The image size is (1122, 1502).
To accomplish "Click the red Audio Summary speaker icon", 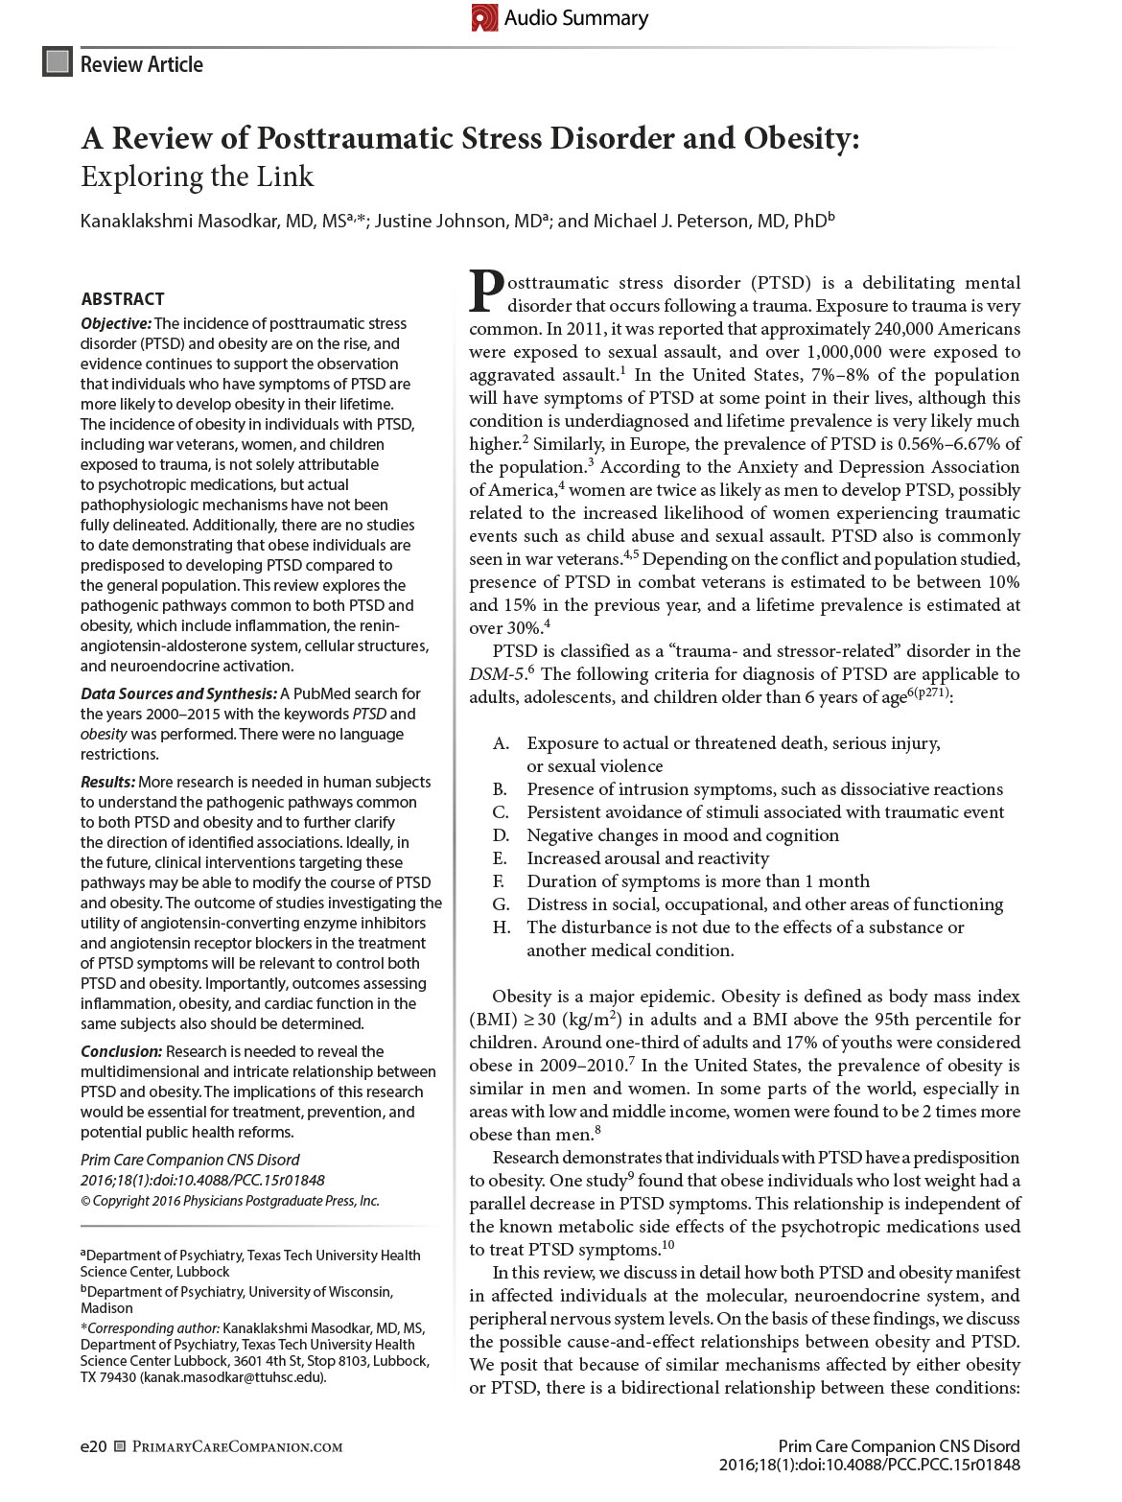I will coord(484,17).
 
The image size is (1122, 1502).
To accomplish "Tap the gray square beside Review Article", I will coord(58,62).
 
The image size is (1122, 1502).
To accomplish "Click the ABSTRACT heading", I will coord(123,298).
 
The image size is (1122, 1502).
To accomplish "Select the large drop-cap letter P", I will coord(486,293).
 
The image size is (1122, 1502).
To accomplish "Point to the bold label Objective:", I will coord(115,324).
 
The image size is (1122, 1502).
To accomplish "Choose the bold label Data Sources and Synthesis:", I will coord(178,693).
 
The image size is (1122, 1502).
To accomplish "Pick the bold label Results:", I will coord(107,782).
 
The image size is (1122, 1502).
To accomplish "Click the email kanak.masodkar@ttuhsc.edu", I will coord(231,1377).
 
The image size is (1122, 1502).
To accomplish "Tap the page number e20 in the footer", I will coord(93,1446).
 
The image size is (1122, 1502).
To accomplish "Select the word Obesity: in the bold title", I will coord(800,139).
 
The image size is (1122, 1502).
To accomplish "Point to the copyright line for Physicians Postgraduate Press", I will coord(230,1201).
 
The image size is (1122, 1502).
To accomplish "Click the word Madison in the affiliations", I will coord(106,1308).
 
